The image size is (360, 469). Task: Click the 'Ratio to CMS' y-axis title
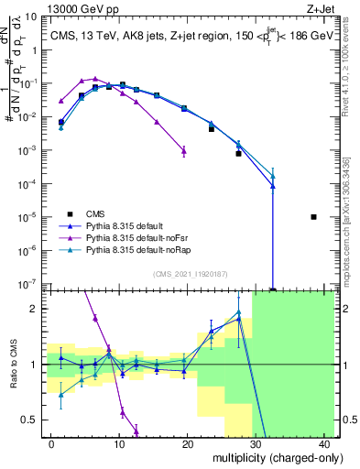pyautogui.click(x=12, y=365)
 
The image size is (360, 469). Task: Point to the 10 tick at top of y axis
pyautogui.click(x=33, y=16)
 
